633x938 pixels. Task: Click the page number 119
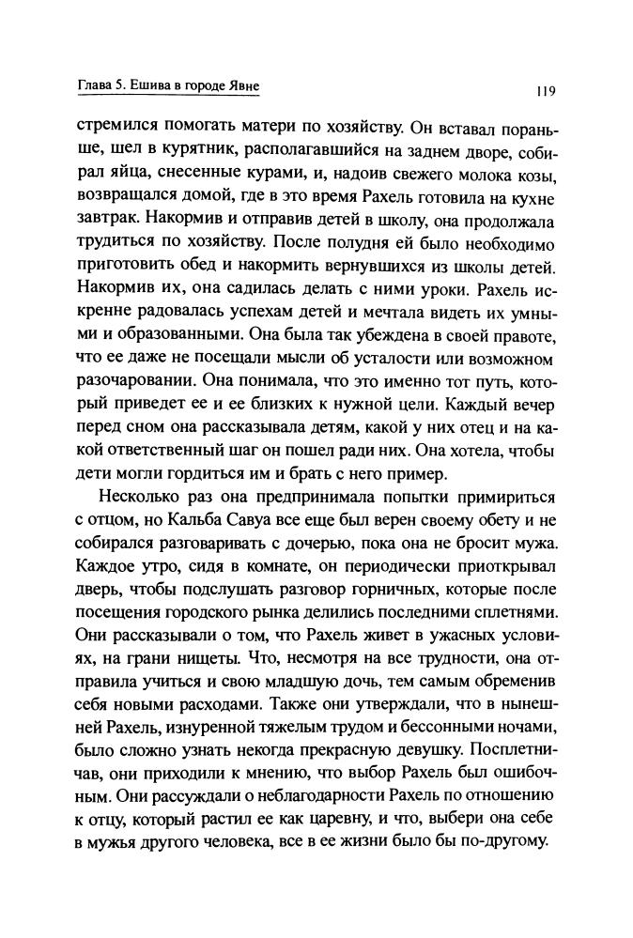(x=546, y=91)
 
